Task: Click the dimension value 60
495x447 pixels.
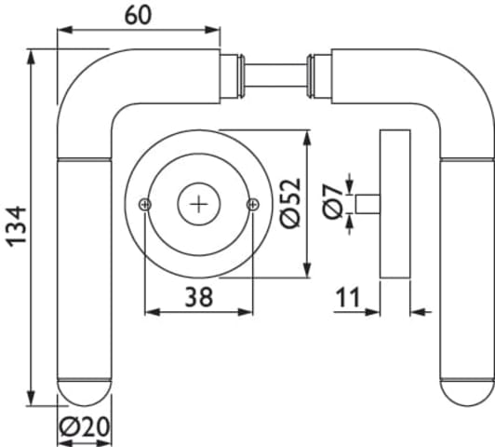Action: coord(138,16)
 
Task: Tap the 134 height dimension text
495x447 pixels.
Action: coord(17,226)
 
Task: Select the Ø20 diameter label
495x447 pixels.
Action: coord(85,427)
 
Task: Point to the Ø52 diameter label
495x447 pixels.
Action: coord(290,202)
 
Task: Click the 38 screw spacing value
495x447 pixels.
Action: coord(199,297)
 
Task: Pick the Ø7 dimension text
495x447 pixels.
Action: coord(333,201)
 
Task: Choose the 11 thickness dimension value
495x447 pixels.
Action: coord(348,297)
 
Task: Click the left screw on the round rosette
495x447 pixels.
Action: coord(145,204)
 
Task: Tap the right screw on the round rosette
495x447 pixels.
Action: coord(253,204)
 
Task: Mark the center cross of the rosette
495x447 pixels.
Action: coord(198,204)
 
